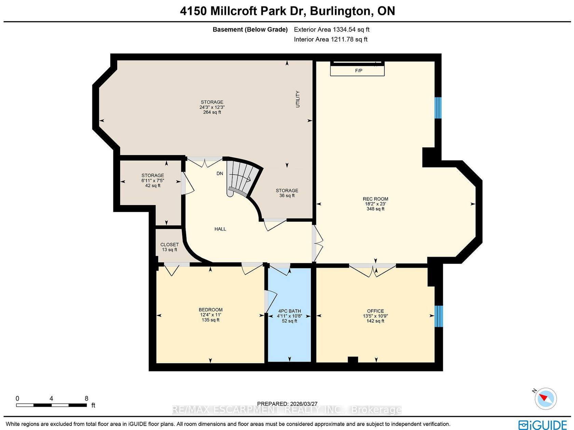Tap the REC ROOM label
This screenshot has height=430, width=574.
coord(375,199)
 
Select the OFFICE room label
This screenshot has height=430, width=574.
coord(375,311)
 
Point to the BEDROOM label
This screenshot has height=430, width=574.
coord(210,310)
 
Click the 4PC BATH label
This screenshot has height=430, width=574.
coord(289,311)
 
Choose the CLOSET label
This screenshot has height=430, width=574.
coord(169,244)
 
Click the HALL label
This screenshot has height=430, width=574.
coord(220,229)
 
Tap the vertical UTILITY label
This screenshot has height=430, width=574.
coord(298,99)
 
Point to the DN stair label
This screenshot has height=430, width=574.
coord(220,173)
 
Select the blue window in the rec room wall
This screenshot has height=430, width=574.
coord(438,108)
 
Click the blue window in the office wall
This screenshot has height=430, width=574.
coord(439,316)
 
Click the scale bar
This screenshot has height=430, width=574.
coord(51,405)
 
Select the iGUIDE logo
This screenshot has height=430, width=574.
coord(542,425)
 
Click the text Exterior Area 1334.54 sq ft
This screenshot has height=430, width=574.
coord(331,29)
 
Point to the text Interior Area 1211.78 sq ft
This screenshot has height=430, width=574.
coord(330,39)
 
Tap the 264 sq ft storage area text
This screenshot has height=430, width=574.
coord(212,112)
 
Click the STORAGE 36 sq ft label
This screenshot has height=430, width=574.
coord(287,193)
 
